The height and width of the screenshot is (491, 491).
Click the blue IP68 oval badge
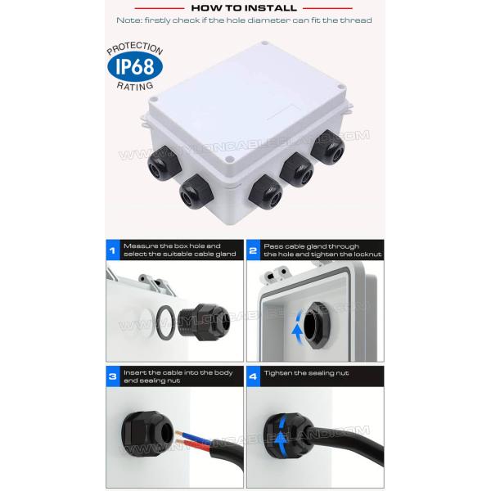click(x=135, y=66)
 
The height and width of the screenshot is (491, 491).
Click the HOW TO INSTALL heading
click(x=244, y=8)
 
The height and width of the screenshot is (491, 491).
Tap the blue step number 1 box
click(x=113, y=250)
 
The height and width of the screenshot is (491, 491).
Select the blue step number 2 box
click(x=254, y=250)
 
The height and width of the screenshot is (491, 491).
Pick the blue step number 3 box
click(x=113, y=376)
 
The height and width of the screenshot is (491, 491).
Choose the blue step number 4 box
click(x=254, y=376)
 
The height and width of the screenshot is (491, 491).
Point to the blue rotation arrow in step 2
click(x=297, y=327)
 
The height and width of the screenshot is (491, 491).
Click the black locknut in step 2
click(x=317, y=326)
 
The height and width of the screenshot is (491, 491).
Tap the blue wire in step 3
click(x=195, y=437)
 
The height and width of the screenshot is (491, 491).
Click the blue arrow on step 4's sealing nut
click(x=281, y=433)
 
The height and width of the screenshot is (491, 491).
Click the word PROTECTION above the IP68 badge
click(x=135, y=48)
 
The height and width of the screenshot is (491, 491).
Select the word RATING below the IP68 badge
click(x=135, y=86)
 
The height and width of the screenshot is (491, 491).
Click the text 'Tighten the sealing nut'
click(x=306, y=373)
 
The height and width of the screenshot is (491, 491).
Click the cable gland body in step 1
click(x=204, y=322)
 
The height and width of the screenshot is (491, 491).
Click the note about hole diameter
click(x=244, y=20)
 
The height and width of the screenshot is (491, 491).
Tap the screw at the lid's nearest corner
click(x=230, y=160)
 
